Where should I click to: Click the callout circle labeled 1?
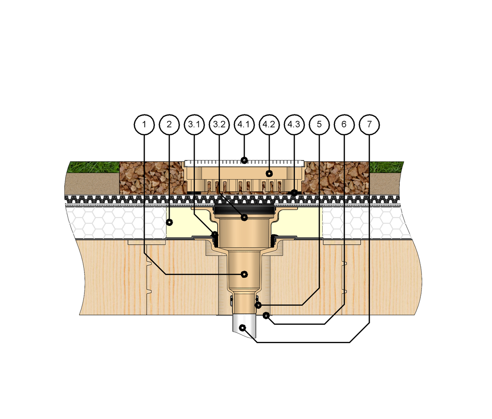pos(144,124)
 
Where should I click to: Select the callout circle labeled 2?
pos(169,124)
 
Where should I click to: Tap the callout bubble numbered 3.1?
pos(194,124)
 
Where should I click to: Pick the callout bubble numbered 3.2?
pos(219,124)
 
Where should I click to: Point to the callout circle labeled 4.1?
pos(244,124)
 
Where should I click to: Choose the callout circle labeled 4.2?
pos(269,124)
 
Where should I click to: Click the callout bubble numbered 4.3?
pos(294,124)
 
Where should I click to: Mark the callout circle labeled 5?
pos(319,124)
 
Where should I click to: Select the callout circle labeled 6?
pos(344,124)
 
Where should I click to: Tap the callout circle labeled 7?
pos(369,124)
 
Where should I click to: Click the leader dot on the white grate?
pos(244,160)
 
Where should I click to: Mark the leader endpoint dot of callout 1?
pos(244,274)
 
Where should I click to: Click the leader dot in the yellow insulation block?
pos(169,223)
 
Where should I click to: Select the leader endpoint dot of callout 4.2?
pos(269,173)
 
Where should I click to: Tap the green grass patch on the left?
pos(93,167)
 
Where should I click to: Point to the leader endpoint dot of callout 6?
pos(266,316)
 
